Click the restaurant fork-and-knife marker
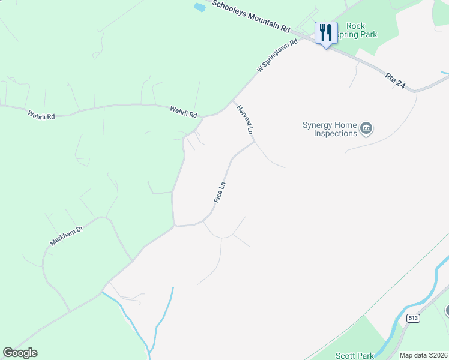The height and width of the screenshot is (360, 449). (326, 32)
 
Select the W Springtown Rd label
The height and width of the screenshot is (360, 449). (277, 57)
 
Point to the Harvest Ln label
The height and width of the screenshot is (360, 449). (246, 119)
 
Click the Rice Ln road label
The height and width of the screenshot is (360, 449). (220, 192)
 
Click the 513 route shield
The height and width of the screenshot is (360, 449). (412, 335)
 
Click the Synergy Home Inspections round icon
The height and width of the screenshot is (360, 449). (366, 128)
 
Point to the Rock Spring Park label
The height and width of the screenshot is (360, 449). (358, 31)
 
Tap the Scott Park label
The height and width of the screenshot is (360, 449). (354, 355)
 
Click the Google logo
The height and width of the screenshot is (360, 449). (20, 353)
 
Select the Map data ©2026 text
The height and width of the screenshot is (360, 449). (423, 355)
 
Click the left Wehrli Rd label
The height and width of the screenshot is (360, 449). (41, 114)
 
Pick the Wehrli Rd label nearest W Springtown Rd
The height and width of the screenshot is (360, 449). (183, 111)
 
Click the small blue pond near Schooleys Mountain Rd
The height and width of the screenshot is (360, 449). (199, 8)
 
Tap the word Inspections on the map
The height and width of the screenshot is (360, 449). (336, 133)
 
